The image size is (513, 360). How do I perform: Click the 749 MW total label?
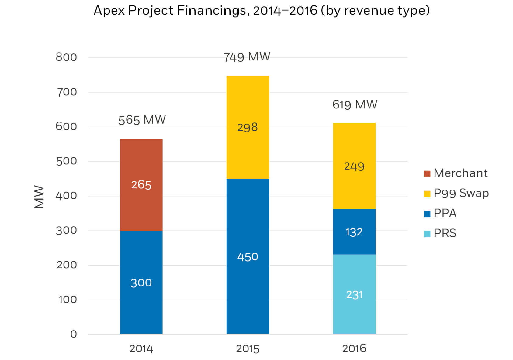point(247,57)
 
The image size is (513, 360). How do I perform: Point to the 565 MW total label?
point(142,120)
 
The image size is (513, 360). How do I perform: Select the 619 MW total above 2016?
point(355,105)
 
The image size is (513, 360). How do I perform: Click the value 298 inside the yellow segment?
point(247,127)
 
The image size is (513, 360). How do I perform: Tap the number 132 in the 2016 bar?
point(354,232)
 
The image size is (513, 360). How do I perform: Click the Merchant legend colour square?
point(427,174)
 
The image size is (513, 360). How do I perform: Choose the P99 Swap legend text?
point(461,193)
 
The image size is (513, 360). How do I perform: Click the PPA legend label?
point(445,213)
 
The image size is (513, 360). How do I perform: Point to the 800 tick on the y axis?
point(66,57)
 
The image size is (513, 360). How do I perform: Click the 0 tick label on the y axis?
point(73,334)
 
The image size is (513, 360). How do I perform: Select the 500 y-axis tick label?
point(66,161)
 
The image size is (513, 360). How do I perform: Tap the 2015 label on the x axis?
point(248,349)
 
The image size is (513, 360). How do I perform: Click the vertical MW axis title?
point(39,197)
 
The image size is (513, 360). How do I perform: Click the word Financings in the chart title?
point(211,11)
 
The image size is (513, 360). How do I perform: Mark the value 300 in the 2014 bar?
point(141,283)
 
